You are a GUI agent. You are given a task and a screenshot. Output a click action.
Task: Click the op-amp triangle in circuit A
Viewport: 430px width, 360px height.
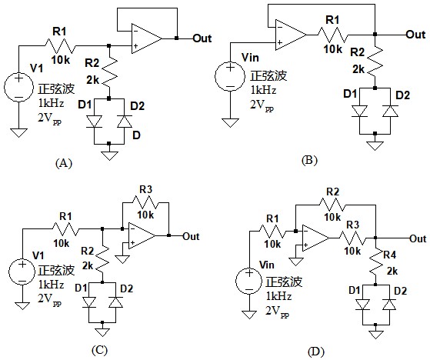146,38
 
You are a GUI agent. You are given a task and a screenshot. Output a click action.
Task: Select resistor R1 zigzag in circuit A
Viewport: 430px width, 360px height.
60,46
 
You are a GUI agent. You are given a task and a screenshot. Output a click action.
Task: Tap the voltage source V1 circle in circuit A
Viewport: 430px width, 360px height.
18,87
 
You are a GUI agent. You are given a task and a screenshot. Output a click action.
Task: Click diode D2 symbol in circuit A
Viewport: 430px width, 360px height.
124,122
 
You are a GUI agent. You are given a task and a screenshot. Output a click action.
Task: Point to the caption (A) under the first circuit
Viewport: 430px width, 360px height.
64,163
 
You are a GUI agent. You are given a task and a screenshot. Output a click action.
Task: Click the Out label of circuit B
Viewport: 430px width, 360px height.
415,35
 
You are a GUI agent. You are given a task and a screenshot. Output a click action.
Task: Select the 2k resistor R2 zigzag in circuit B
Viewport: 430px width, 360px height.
375,62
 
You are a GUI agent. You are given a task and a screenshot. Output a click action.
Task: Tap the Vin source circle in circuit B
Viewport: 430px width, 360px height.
230,76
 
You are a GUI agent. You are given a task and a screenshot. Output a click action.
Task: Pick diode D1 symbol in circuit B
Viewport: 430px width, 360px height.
359,112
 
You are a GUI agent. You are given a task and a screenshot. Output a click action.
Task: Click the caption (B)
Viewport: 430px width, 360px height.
309,160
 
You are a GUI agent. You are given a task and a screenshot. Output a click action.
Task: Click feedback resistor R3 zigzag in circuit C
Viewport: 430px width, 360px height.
145,202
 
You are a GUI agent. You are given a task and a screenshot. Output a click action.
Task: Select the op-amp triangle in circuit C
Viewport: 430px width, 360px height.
142,235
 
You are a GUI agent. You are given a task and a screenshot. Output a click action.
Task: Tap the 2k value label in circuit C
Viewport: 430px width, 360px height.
88,265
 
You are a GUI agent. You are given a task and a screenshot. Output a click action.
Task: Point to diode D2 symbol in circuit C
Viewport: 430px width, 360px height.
115,302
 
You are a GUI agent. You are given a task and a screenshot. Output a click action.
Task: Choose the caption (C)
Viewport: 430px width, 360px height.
99,350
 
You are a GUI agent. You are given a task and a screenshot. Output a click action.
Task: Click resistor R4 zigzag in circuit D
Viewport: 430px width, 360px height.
375,262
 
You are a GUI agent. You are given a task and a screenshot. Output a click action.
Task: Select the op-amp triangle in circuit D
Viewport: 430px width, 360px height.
316,238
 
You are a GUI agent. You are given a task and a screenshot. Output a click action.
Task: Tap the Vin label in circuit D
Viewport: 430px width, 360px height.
267,265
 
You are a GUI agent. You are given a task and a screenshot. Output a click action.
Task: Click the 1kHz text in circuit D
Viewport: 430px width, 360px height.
278,296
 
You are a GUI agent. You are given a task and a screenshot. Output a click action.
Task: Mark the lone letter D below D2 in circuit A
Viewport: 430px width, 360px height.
136,135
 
